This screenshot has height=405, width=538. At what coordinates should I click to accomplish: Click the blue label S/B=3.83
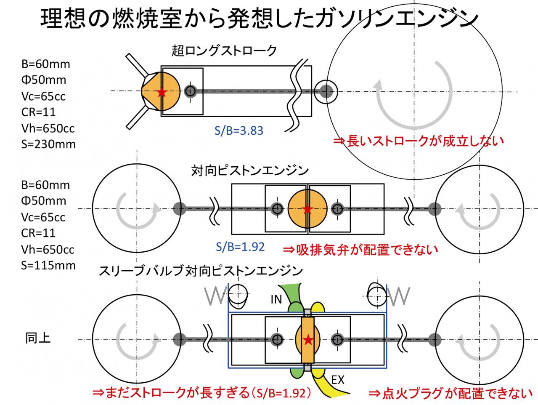click(x=239, y=131)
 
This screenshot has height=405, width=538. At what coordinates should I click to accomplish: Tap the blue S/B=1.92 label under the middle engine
click(x=240, y=247)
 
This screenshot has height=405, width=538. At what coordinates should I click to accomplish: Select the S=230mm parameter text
click(x=48, y=144)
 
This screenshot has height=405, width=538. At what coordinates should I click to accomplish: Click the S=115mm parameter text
click(x=48, y=265)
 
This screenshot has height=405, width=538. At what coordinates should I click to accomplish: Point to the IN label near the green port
click(x=276, y=299)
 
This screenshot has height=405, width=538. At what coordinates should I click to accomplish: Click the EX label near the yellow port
click(x=338, y=380)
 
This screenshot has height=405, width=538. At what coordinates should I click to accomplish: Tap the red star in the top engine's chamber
click(x=162, y=92)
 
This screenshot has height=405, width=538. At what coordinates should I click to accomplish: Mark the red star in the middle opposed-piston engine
click(x=307, y=209)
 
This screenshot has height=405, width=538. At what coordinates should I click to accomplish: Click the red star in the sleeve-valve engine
click(x=308, y=340)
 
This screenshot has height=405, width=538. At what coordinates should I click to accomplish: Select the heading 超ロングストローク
click(x=224, y=51)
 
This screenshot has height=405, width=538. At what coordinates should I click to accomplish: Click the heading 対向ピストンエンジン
click(x=250, y=171)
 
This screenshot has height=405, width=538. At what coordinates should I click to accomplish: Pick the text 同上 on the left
click(x=38, y=338)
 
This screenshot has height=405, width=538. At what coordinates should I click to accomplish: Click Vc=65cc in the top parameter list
click(x=43, y=96)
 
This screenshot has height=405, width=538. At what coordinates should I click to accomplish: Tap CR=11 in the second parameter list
click(x=38, y=233)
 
